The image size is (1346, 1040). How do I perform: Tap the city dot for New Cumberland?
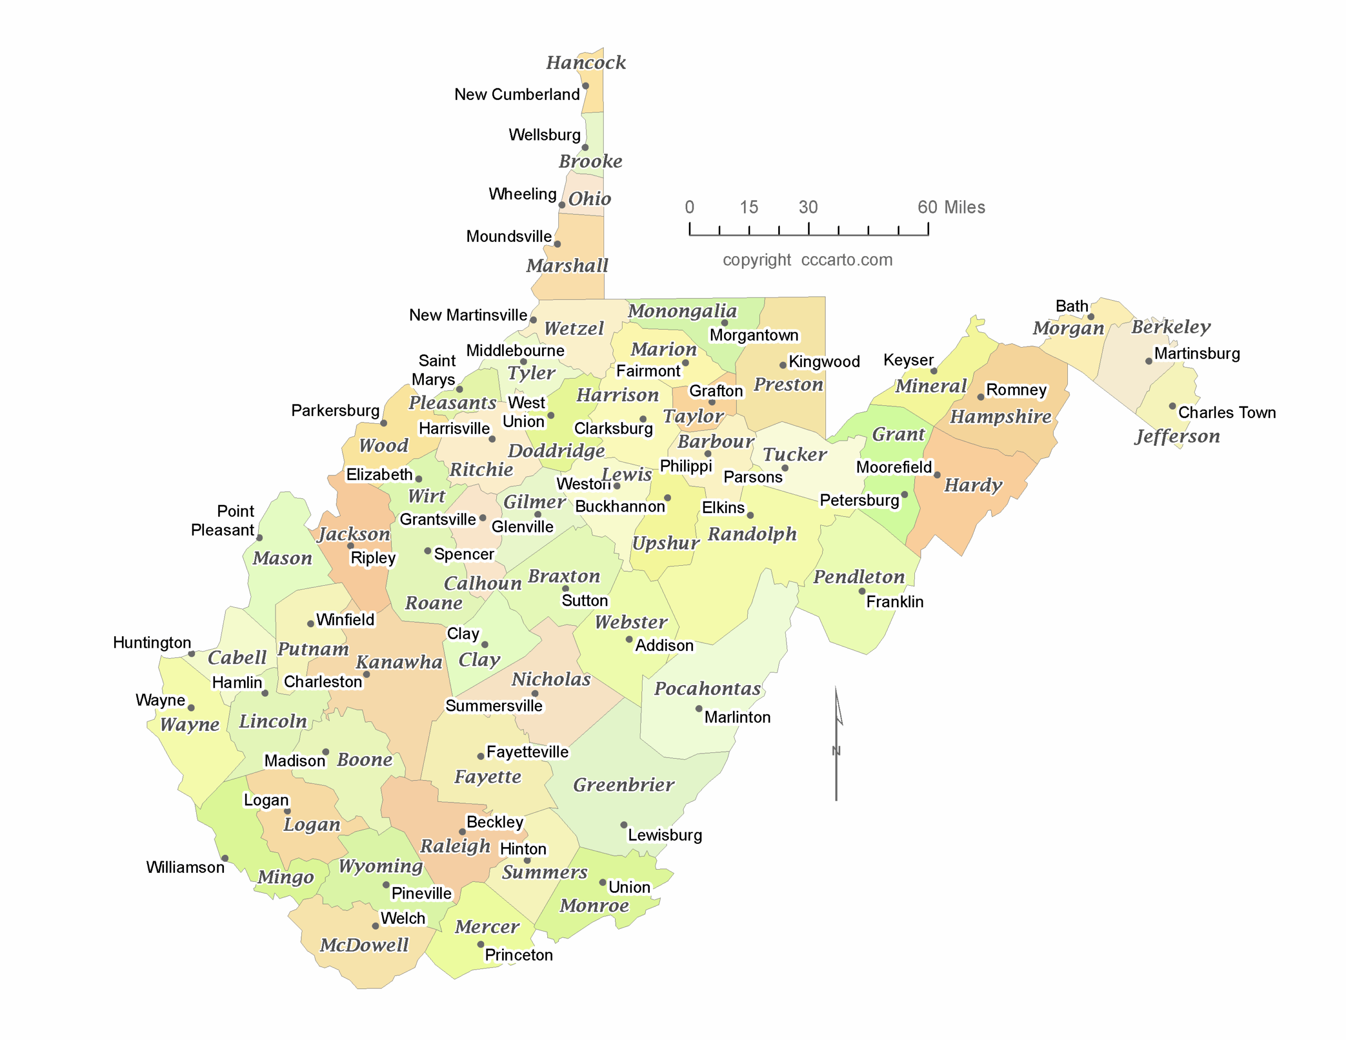pos(586,86)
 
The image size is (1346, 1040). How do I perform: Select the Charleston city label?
pos(322,681)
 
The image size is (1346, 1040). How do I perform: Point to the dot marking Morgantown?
pos(725,322)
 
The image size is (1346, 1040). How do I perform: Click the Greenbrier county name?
pos(624,785)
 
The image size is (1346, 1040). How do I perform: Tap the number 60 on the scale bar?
pos(927,207)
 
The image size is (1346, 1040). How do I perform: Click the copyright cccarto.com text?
pos(808,260)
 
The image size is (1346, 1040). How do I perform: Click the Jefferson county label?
pos(1177,436)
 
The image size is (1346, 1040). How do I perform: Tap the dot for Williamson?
pos(225,858)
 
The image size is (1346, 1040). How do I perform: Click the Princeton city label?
pos(518,955)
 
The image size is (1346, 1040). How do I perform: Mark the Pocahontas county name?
pos(708,689)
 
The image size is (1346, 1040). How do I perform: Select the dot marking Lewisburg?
pos(624,825)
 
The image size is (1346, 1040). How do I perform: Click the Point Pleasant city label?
pos(223,521)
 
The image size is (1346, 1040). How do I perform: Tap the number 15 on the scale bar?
pos(749,207)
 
